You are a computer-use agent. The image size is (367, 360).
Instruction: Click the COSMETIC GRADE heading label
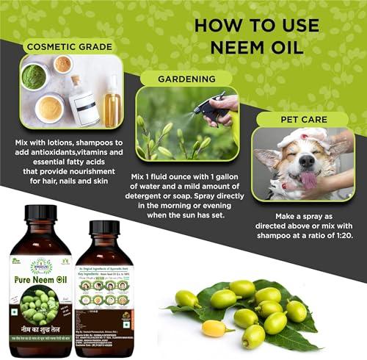pyautogui.click(x=70, y=47)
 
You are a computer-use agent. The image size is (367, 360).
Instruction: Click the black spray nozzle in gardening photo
pyautogui.click(x=214, y=109)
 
